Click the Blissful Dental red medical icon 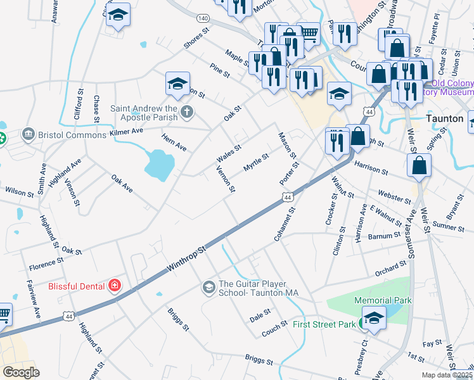[x=114, y=286]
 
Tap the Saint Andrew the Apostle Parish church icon [x=186, y=113]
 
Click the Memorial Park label [x=383, y=300]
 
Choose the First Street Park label [x=324, y=325]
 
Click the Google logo [x=21, y=372]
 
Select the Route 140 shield [x=203, y=18]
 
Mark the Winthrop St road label [x=187, y=260]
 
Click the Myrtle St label [x=256, y=162]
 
